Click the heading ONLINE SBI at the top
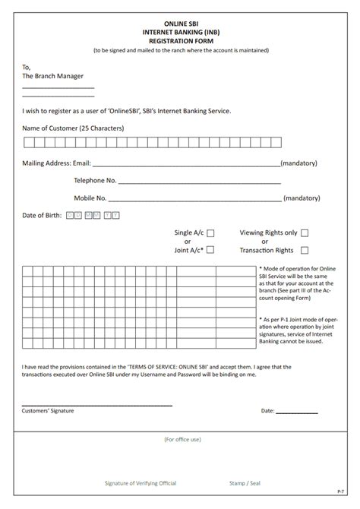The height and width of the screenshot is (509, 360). pos(180,24)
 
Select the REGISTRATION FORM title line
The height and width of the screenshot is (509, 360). pos(180,42)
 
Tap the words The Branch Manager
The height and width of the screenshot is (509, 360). pos(53,76)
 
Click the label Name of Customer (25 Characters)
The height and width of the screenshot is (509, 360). pos(73,128)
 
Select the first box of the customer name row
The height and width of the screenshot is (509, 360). pos(28,141)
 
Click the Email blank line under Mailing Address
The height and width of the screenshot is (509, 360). pos(186,164)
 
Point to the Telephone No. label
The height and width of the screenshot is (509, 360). pos(95,180)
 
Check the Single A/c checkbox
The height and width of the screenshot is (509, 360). pos(211,233)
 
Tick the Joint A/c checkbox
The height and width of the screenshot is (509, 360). pos(211,249)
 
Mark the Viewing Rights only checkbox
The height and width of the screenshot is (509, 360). pos(305,233)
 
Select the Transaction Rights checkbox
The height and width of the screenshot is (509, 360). pos(305,250)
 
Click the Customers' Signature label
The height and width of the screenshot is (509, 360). pos(48,410)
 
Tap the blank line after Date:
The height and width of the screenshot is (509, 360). pos(297,411)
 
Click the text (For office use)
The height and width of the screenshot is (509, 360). pos(182,439)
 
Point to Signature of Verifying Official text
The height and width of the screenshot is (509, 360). pos(141,482)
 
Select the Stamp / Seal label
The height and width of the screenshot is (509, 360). pos(247,482)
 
